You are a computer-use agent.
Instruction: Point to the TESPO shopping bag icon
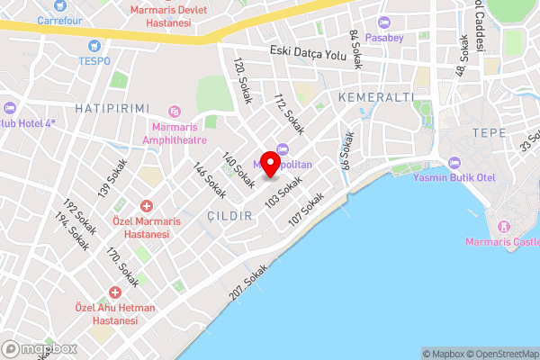pyautogui.click(x=93, y=45)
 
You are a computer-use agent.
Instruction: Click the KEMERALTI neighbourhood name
pyautogui.click(x=375, y=96)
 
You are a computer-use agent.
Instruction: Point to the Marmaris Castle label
pyautogui.click(x=501, y=241)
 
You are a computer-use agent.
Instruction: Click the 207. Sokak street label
pyautogui.click(x=249, y=283)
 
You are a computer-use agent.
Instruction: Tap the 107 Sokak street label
pyautogui.click(x=307, y=208)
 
